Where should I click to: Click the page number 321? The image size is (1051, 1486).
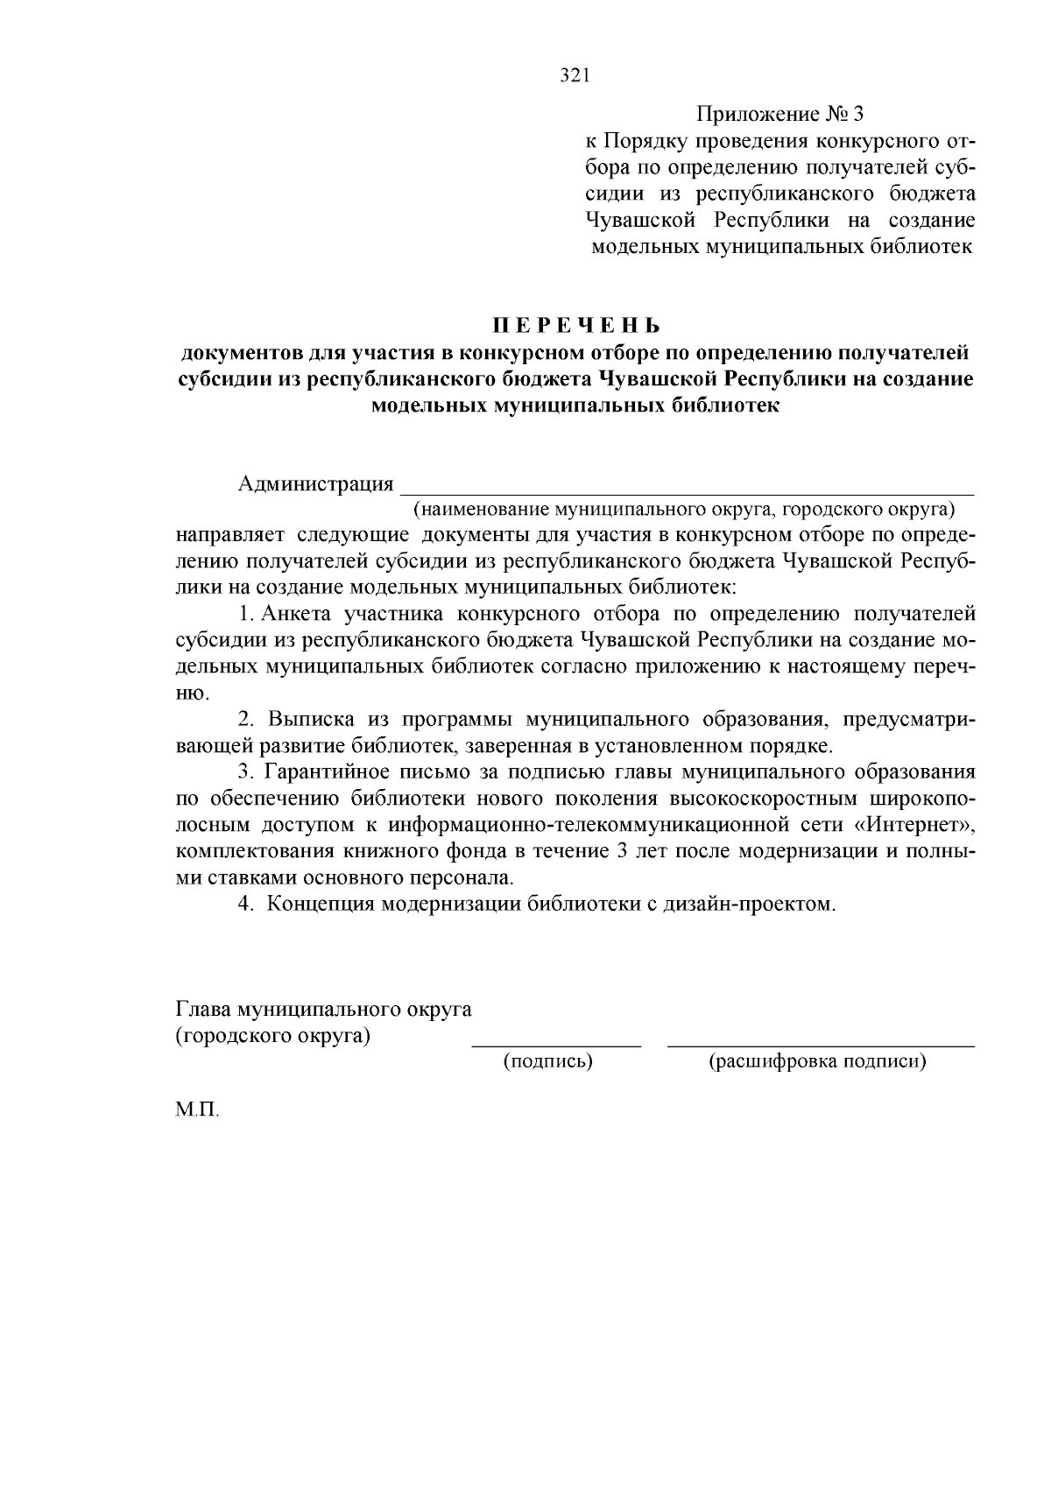[x=575, y=76]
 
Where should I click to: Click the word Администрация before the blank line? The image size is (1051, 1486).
[x=315, y=484]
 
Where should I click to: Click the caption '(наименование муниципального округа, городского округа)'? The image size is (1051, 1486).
[x=684, y=509]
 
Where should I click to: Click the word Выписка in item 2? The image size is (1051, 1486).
[x=311, y=720]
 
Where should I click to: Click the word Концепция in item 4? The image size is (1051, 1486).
[x=321, y=905]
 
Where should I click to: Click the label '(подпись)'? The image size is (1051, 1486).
[x=547, y=1062]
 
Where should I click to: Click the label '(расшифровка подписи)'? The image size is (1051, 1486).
[x=817, y=1062]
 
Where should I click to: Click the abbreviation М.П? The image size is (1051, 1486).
[x=197, y=1110]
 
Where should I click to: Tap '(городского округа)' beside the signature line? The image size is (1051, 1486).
[x=272, y=1036]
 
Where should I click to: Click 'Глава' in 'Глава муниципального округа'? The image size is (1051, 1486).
[x=199, y=1009]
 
